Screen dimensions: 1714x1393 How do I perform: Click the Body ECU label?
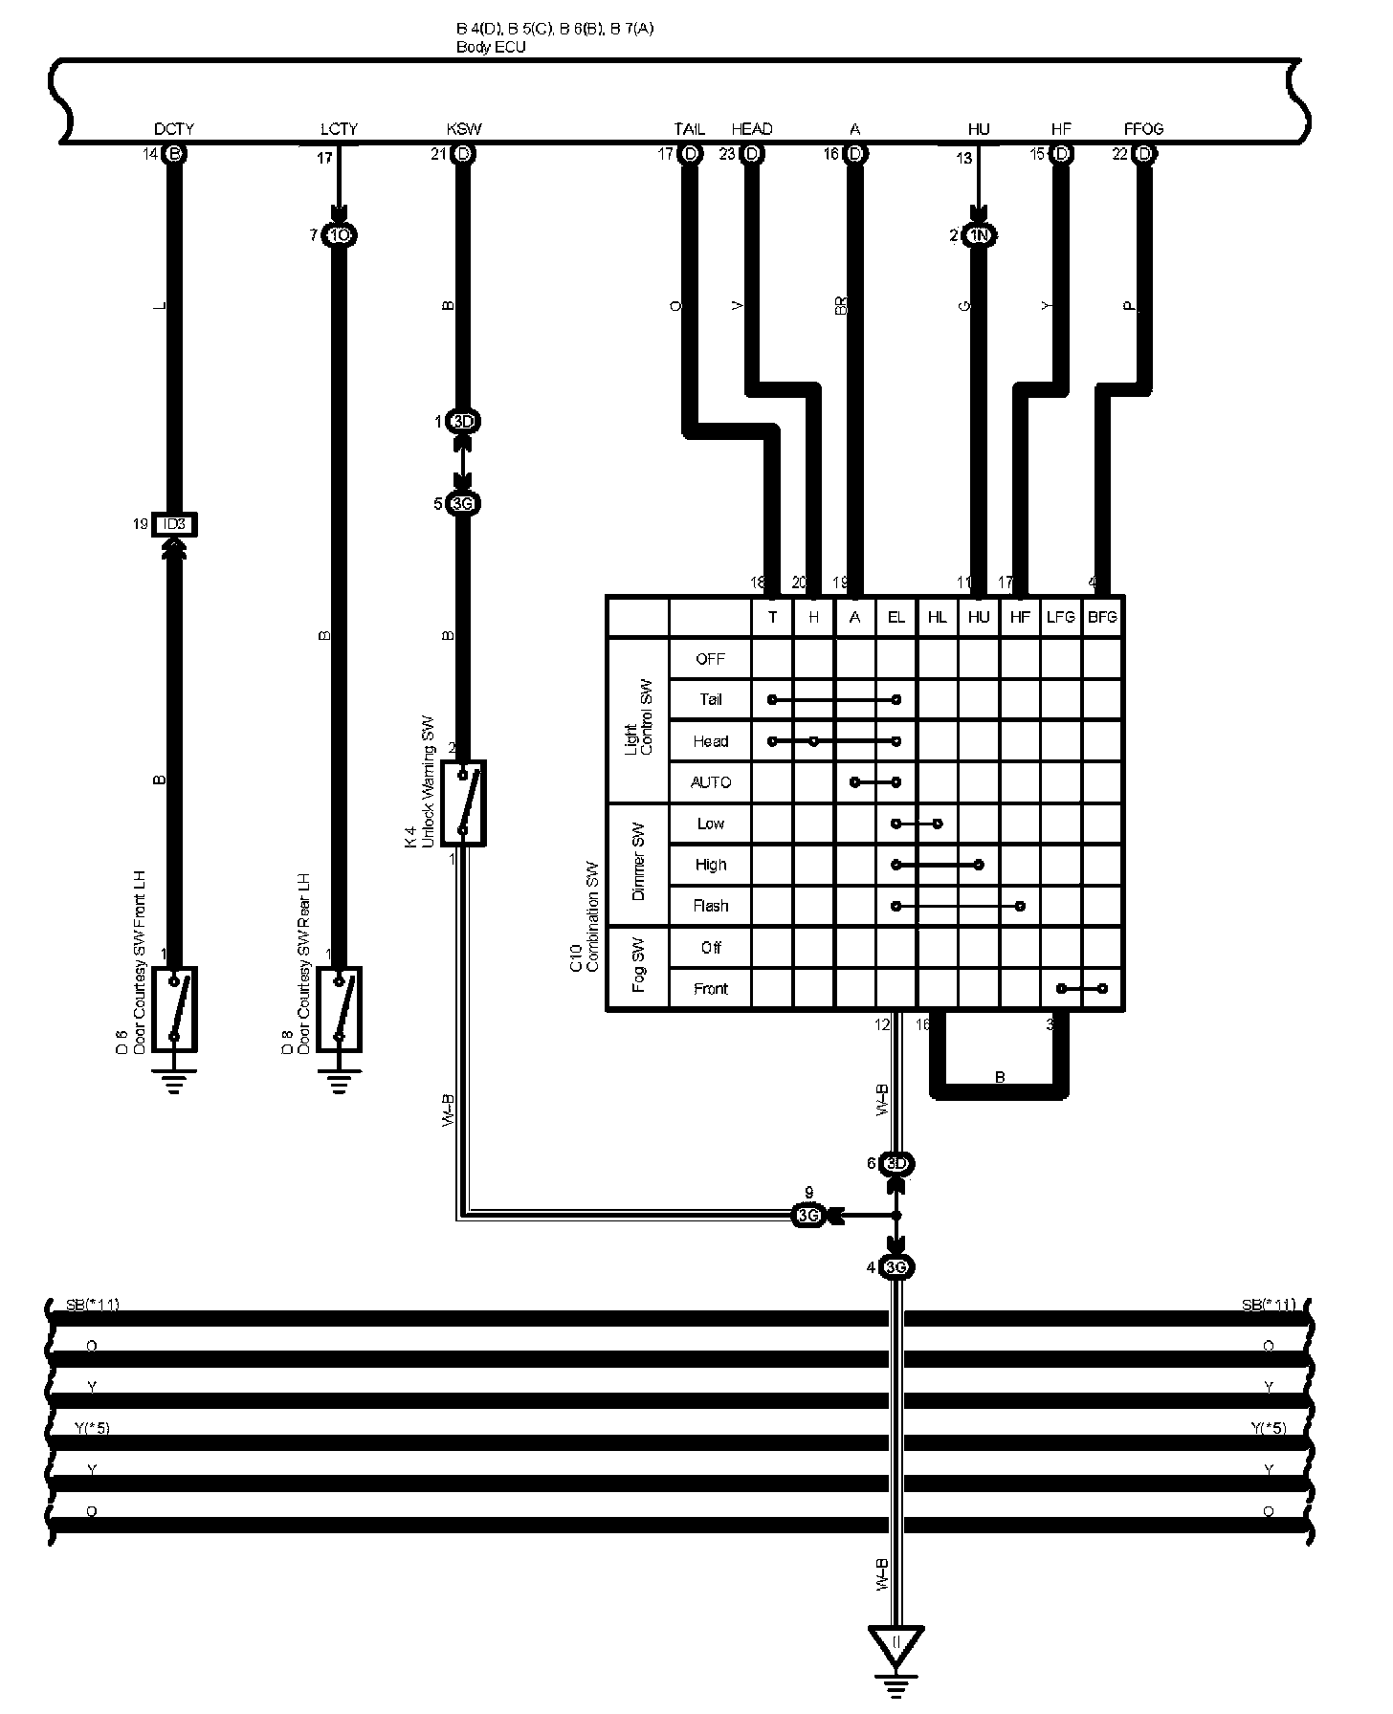tap(491, 46)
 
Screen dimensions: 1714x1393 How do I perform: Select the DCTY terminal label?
tap(174, 128)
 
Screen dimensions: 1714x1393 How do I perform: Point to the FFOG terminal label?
tap(1143, 128)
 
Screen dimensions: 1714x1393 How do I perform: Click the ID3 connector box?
tap(174, 524)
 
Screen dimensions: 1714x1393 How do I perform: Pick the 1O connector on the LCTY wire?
tap(339, 234)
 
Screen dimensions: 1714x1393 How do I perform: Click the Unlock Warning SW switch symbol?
tap(463, 803)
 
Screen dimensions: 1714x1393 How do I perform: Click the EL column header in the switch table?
tap(895, 617)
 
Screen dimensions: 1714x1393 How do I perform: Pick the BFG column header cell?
tap(1102, 617)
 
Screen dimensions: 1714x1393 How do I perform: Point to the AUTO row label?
tap(710, 782)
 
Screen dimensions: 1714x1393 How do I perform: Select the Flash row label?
tap(710, 906)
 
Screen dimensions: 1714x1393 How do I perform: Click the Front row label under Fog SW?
tap(710, 989)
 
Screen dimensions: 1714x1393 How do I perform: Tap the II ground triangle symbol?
tap(895, 1644)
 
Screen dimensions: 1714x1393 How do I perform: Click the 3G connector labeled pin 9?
tap(808, 1216)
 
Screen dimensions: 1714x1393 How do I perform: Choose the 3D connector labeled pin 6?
tap(895, 1163)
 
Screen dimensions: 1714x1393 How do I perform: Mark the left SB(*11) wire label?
tap(92, 1305)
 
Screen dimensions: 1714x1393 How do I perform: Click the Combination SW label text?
tap(591, 916)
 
